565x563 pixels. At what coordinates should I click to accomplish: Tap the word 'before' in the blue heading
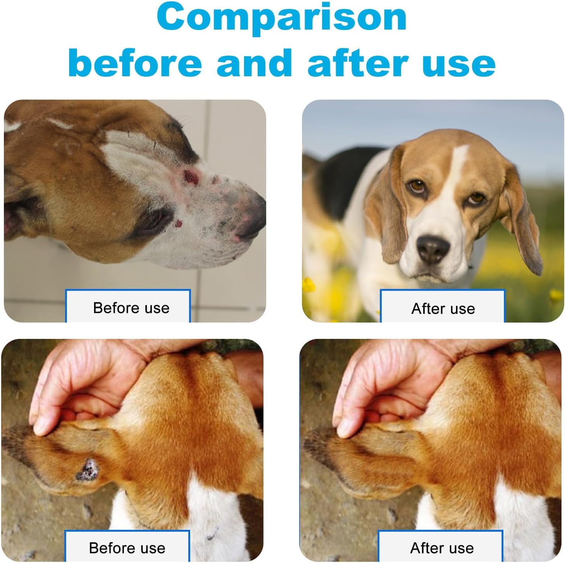[135, 62]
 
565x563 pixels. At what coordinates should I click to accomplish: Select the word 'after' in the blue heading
[358, 62]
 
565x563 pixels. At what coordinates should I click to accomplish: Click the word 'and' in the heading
[255, 62]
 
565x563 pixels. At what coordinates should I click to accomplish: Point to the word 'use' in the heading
[459, 65]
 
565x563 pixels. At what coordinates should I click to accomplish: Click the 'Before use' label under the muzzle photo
[131, 308]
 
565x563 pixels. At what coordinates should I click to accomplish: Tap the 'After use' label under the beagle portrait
[443, 309]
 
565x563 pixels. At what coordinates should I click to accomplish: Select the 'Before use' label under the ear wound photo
[127, 548]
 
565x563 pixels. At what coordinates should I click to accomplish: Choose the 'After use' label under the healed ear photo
[442, 548]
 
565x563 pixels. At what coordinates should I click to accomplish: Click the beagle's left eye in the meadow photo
[476, 198]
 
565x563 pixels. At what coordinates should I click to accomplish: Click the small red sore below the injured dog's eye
[178, 224]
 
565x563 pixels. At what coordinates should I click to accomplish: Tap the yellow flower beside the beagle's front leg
[309, 284]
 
